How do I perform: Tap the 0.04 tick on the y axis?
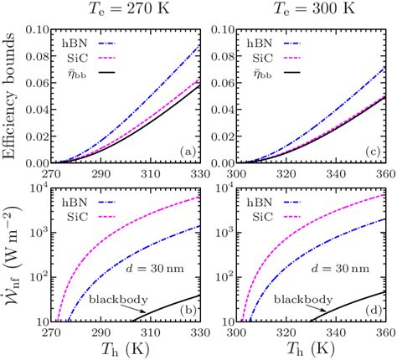[x=41, y=110]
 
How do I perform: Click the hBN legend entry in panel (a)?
[x=93, y=39]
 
